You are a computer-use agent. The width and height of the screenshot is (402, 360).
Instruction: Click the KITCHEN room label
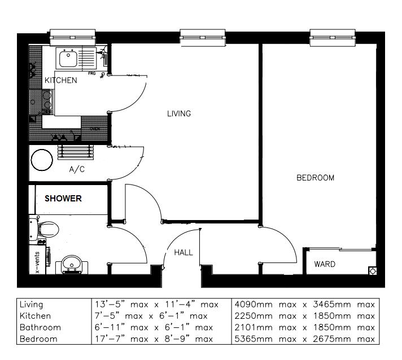60,81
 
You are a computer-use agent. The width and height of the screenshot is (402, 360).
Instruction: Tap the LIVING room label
179,113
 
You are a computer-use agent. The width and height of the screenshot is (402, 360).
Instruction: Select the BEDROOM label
316,178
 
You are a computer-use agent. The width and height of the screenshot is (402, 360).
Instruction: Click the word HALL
183,252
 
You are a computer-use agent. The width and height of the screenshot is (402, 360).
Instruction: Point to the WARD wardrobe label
325,264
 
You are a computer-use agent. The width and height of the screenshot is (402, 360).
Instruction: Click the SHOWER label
63,199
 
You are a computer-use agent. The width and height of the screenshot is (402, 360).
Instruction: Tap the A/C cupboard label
77,169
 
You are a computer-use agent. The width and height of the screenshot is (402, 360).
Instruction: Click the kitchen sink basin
68,57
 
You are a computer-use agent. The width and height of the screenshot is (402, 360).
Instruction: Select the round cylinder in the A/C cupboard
41,160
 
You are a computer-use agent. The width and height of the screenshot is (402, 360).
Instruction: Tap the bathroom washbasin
71,264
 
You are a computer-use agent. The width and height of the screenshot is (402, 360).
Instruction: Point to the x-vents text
37,262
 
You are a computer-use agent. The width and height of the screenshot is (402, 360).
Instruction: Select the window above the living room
203,37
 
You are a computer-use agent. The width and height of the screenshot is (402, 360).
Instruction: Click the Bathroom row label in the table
40,327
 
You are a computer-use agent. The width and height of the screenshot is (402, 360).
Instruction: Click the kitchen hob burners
47,102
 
